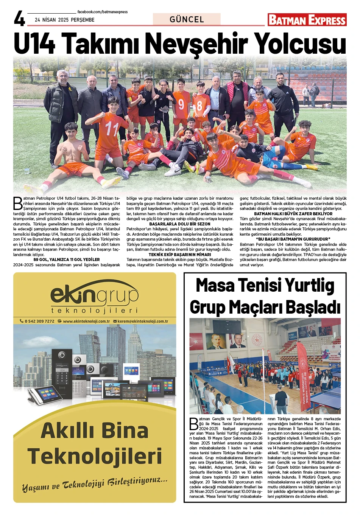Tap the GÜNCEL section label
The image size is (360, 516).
coord(187,19)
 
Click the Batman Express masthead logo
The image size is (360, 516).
coord(307,20)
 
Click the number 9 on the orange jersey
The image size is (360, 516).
coord(181,104)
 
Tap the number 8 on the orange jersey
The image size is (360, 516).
coord(199,106)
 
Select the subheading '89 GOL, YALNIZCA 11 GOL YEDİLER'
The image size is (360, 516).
coord(67,260)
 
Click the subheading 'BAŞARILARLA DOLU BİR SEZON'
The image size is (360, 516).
coord(180,224)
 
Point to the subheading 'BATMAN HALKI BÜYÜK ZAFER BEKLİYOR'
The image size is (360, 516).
coord(293,214)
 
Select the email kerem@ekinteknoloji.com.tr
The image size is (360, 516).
coord(142,321)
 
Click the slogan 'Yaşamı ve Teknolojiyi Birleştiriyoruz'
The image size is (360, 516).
coord(95,484)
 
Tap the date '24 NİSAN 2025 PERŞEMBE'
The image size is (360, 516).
coord(65,20)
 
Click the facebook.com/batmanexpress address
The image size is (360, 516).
coord(102,12)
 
